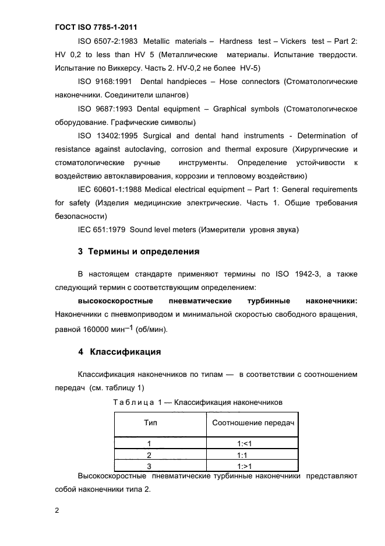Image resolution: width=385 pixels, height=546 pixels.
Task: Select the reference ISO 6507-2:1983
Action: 107,41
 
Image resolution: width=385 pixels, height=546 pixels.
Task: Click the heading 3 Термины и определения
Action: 139,252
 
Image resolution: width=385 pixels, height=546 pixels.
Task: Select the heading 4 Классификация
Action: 119,352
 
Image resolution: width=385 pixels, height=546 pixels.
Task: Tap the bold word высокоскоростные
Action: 115,301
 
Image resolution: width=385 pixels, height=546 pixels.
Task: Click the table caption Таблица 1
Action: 130,402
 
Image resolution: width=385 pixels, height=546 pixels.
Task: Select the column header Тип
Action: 150,422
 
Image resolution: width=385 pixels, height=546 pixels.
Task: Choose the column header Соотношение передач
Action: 252,422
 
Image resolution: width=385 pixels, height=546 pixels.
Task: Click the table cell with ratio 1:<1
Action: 243,443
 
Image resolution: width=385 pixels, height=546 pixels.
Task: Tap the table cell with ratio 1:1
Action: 243,454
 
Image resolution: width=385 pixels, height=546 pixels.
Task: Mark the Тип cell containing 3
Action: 149,466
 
